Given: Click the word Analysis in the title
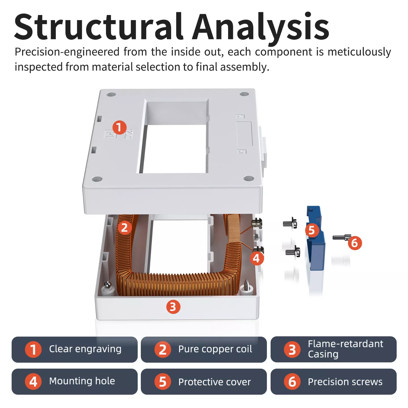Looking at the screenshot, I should (261, 27).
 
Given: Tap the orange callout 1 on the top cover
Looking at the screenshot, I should (119, 127).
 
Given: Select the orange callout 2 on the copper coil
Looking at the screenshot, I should (124, 228).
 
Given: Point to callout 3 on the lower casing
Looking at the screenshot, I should (173, 307).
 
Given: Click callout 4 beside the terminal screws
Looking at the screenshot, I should (257, 258).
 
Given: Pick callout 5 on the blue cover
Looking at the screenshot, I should (312, 230).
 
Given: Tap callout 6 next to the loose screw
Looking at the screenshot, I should (355, 243).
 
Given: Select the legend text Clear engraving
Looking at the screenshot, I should (85, 349).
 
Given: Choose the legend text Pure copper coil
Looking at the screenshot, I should (215, 349).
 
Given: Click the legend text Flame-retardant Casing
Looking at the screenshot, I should (345, 349).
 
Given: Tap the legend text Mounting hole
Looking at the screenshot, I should (82, 381).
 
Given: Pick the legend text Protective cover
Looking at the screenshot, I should (214, 382).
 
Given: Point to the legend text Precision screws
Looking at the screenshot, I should (345, 382).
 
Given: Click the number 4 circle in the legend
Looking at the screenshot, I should (33, 381).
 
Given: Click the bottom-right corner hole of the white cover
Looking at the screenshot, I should (248, 178).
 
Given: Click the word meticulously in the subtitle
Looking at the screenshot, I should (359, 52).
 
